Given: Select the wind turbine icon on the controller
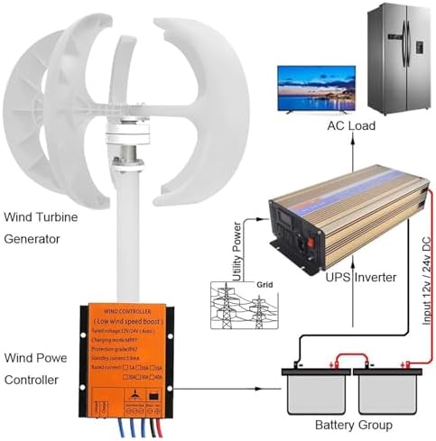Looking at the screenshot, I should point(133,396).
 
